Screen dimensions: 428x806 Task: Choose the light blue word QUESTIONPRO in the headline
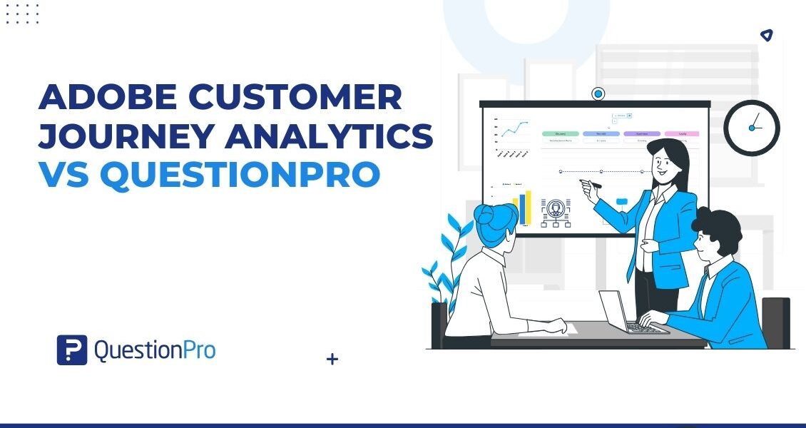(240, 175)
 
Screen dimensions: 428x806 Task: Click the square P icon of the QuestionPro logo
(71, 350)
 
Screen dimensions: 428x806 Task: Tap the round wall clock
(752, 128)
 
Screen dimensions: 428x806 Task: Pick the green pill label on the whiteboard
(559, 133)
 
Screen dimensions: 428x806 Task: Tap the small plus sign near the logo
(332, 360)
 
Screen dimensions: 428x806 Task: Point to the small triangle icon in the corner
(766, 35)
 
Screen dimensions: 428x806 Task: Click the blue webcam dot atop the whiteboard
(598, 93)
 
